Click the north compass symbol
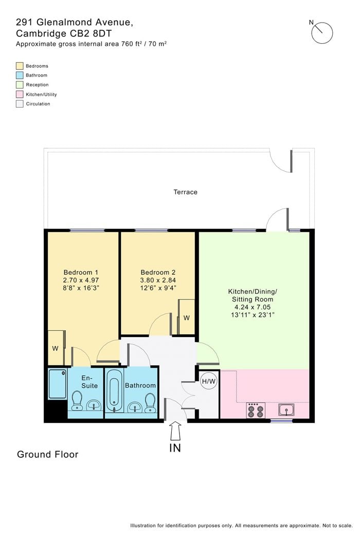click(x=322, y=33)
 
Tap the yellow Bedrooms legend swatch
click(x=20, y=66)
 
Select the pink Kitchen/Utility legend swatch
click(x=20, y=94)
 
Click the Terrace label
click(x=185, y=192)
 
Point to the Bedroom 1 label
click(x=81, y=273)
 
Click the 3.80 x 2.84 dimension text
click(x=158, y=280)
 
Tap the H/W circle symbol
click(x=209, y=381)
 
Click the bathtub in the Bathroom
click(x=114, y=391)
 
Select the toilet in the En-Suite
click(x=77, y=400)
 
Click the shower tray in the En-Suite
click(x=57, y=384)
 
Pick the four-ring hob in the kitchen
click(x=256, y=410)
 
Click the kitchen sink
click(x=286, y=410)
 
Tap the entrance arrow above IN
click(x=175, y=431)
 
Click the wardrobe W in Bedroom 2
click(x=186, y=317)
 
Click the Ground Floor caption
click(x=48, y=454)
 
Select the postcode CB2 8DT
click(x=95, y=33)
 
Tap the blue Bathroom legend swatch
click(x=20, y=75)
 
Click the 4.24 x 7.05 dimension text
click(x=253, y=307)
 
